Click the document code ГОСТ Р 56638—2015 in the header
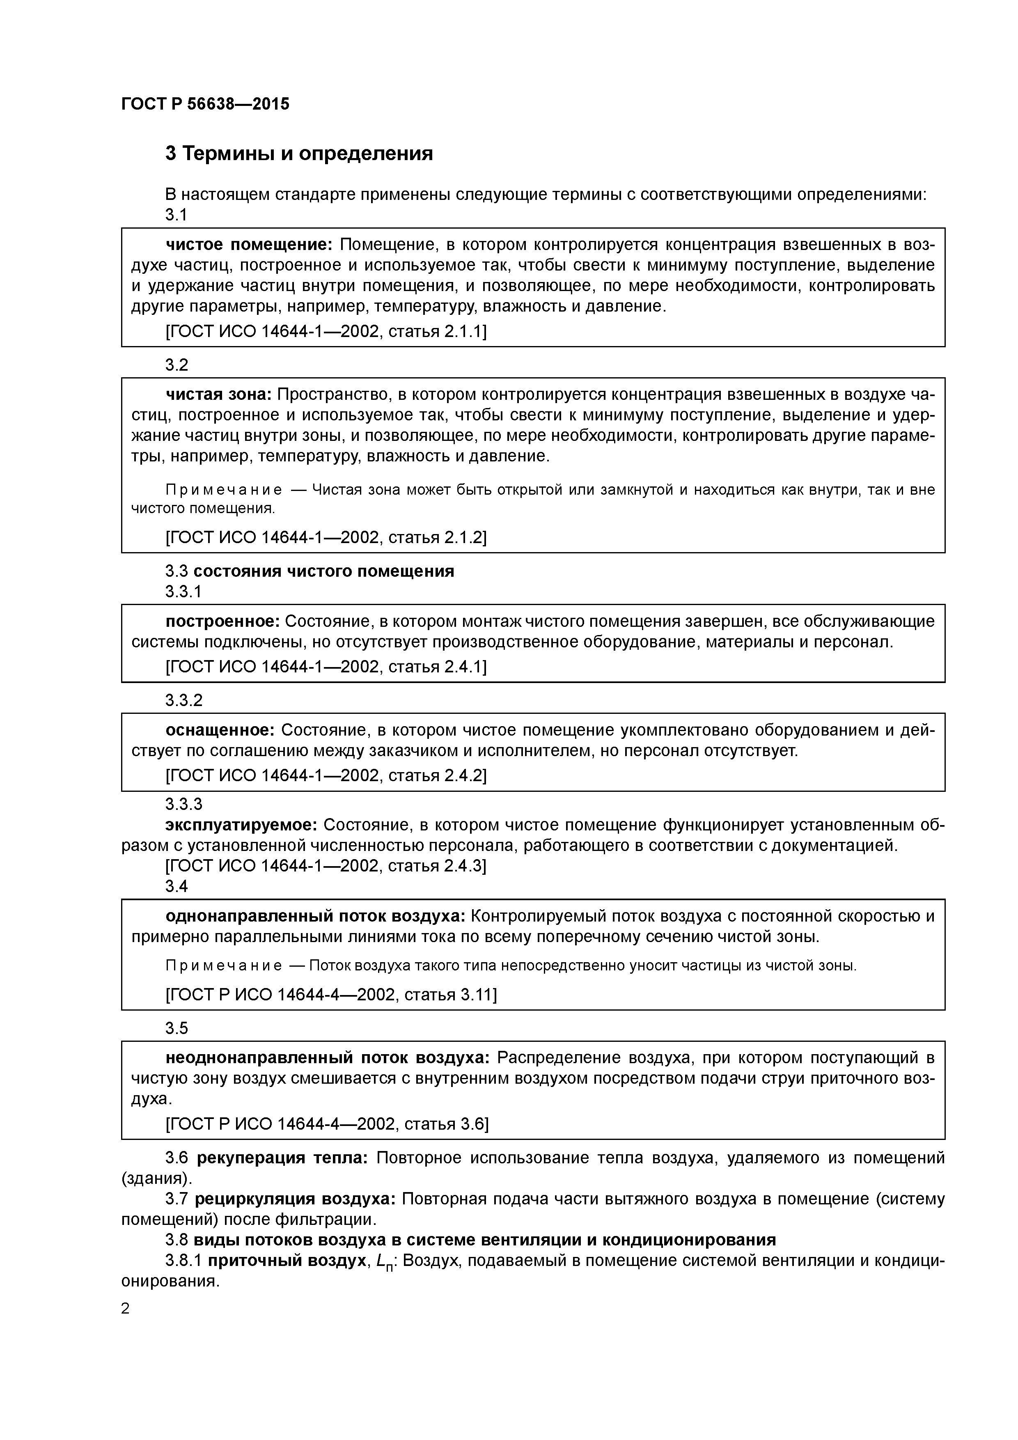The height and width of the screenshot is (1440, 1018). point(205,104)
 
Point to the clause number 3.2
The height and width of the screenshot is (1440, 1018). point(177,365)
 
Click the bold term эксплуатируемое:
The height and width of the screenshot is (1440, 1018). point(241,825)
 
